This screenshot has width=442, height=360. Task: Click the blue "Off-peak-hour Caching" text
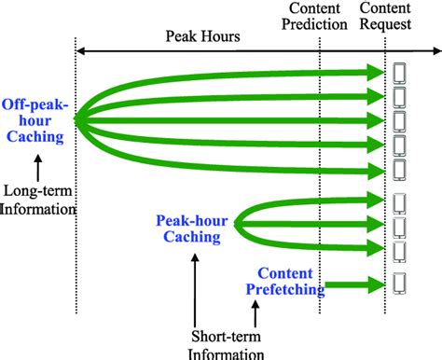tap(34, 121)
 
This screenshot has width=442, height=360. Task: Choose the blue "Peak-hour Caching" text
tap(189, 229)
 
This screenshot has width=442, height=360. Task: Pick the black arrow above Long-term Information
tap(36, 168)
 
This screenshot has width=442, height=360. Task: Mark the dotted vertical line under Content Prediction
tap(320, 140)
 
